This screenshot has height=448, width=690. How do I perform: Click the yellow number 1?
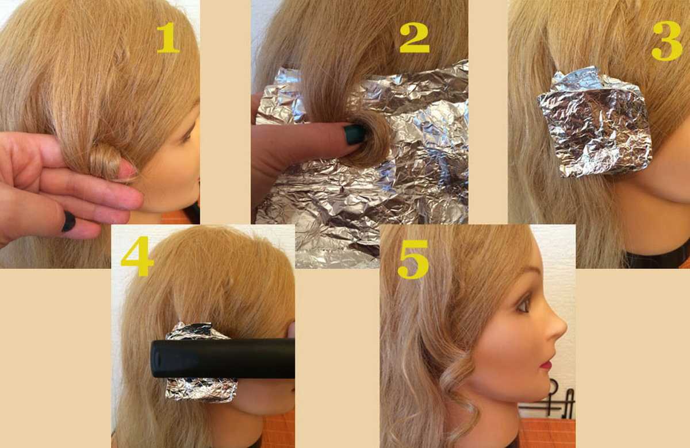click(168, 38)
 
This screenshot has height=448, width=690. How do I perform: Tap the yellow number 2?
click(415, 37)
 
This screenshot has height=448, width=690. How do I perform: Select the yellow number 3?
click(667, 41)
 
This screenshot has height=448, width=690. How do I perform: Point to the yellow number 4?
click(137, 256)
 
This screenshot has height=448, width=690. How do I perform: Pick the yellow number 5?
click(413, 260)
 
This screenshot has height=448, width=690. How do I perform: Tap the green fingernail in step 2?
click(355, 134)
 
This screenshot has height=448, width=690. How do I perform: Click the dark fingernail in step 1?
click(68, 222)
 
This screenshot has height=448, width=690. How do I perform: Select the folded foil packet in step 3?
click(594, 123)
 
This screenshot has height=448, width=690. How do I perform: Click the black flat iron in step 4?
click(223, 358)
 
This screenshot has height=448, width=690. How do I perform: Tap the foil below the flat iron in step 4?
click(201, 390)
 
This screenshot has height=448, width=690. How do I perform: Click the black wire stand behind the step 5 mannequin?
click(554, 400)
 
